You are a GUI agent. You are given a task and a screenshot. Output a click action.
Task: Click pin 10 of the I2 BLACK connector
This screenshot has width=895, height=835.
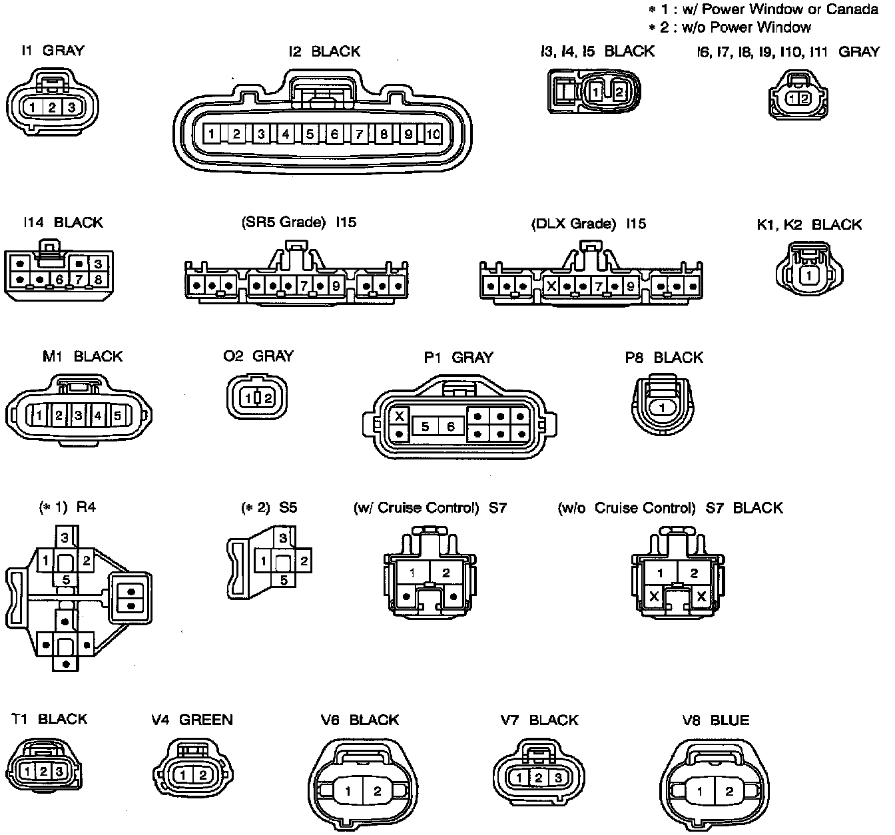point(433,135)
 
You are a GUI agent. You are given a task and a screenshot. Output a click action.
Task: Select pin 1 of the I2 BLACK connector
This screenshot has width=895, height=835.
point(211,135)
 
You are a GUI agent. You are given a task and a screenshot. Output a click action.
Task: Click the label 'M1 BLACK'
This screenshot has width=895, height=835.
point(83,356)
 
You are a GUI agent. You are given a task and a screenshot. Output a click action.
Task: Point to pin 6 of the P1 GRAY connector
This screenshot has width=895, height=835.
point(450,426)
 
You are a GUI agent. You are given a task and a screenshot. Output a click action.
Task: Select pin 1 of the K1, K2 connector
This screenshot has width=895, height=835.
point(808,275)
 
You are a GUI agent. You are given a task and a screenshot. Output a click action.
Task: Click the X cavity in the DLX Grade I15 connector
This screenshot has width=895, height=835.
point(551,287)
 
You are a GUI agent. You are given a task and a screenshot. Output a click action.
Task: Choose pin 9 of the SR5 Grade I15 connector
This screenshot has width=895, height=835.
point(336,287)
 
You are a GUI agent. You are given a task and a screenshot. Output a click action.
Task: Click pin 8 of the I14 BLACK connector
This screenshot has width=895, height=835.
point(98,279)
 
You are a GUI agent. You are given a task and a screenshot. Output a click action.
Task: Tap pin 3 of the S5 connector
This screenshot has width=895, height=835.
point(284,538)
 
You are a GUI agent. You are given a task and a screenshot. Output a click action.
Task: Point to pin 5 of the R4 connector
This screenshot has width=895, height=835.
point(66,580)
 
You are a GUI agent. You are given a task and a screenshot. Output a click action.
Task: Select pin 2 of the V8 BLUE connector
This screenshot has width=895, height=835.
point(729,792)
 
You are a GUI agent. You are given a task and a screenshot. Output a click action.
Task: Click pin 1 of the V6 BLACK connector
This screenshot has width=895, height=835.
point(348,791)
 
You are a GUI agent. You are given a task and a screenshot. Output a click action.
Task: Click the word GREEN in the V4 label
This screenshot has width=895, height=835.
point(206,720)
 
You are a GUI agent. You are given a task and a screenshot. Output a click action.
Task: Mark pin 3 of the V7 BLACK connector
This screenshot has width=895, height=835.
point(558,777)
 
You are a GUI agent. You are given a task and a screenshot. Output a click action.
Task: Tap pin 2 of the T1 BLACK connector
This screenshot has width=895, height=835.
point(43,772)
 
